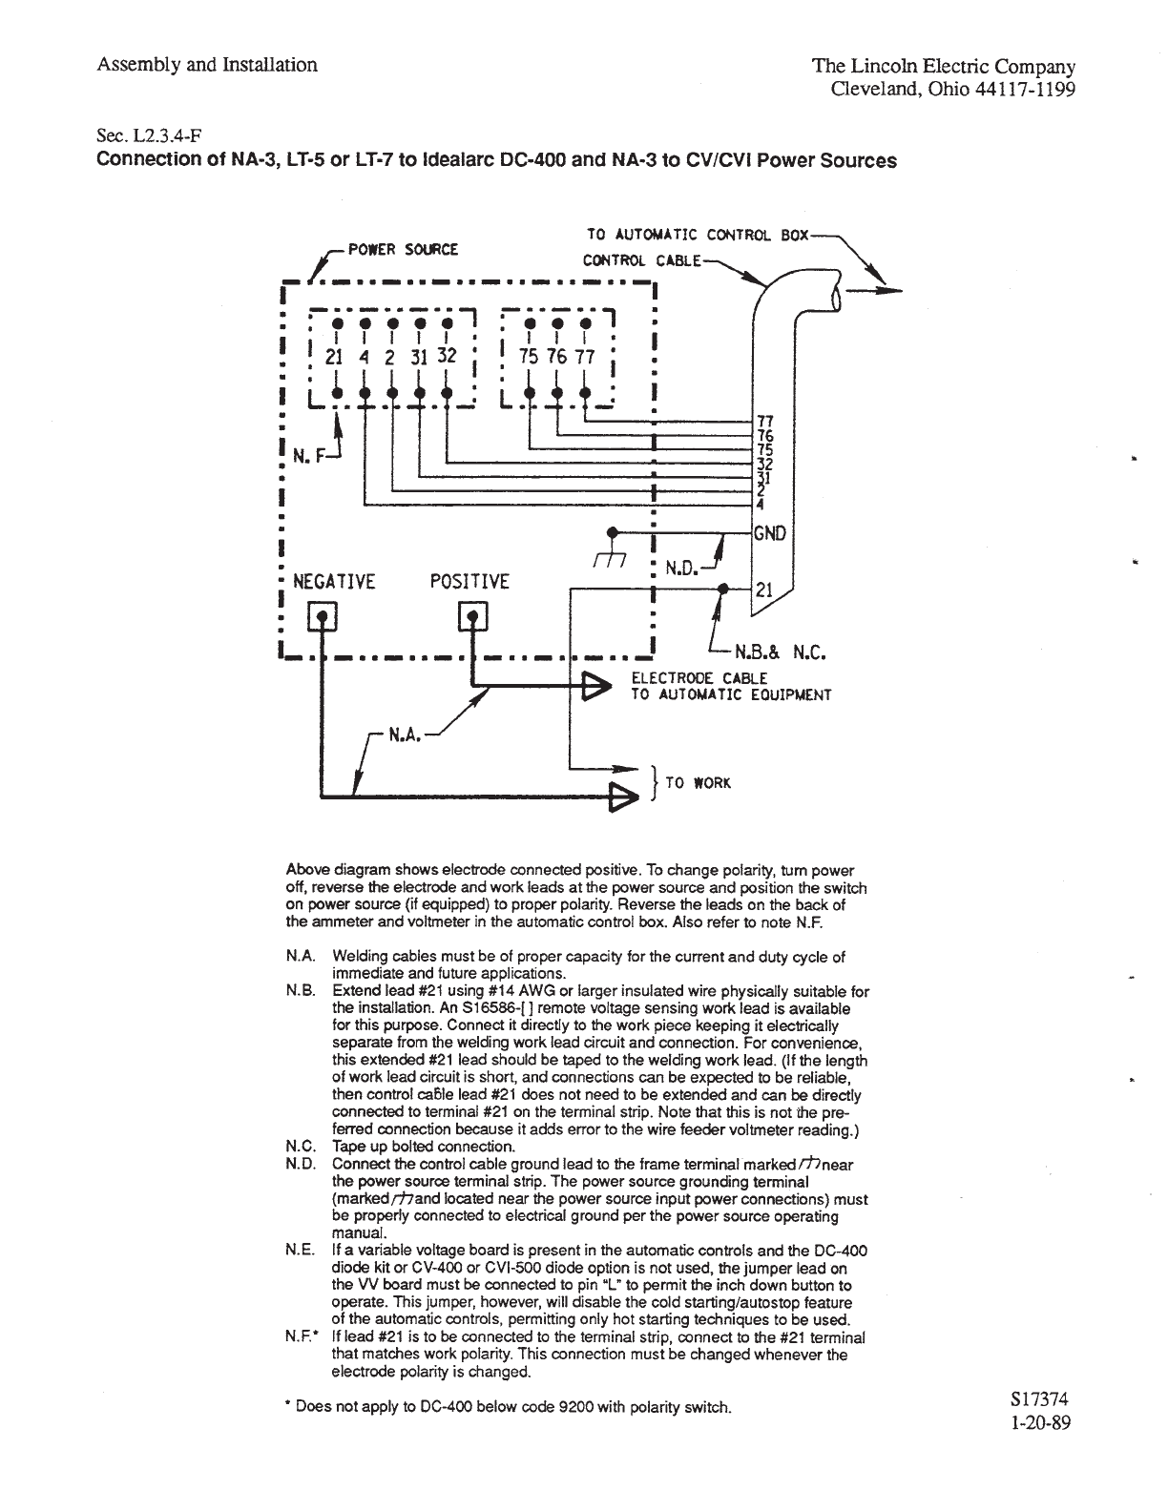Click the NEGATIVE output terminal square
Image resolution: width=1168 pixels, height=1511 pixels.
[x=322, y=619]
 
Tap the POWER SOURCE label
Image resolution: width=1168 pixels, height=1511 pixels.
[x=403, y=250]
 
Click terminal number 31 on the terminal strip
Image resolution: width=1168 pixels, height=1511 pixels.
[x=418, y=357]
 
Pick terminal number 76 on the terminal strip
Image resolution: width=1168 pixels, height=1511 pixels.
[x=556, y=357]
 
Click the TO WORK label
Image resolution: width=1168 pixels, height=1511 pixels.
[x=698, y=783]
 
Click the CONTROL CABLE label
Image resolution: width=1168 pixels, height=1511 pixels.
[x=641, y=260]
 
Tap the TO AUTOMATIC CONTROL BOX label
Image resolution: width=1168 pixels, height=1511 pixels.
[x=697, y=234]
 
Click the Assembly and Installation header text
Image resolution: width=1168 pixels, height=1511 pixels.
[x=207, y=65]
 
